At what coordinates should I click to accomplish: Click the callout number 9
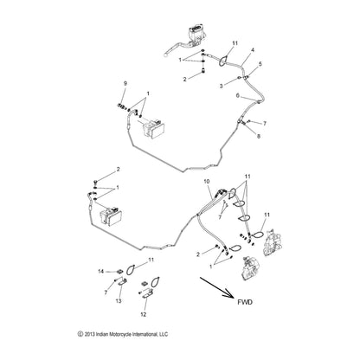[x=125, y=84]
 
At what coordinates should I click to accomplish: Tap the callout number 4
[x=253, y=50]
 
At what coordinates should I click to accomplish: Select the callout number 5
[x=260, y=64]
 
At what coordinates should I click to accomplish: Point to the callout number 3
[x=222, y=86]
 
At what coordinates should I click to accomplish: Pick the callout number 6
[x=238, y=95]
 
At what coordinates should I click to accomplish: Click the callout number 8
[x=259, y=136]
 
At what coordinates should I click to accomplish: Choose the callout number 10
[x=206, y=182]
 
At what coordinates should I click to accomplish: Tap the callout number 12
[x=144, y=314]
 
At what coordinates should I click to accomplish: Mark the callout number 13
[x=119, y=301]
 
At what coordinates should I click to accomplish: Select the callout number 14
[x=100, y=272]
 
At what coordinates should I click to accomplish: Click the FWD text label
[x=245, y=302]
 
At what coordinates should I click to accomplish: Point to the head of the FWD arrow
[x=233, y=296]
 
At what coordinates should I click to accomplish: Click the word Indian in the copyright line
[x=101, y=334]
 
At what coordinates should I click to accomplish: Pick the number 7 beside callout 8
[x=265, y=124]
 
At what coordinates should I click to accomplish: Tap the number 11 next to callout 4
[x=235, y=43]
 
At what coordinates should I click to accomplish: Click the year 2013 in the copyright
[x=89, y=334]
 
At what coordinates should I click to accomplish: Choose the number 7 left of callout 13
[x=106, y=292]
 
